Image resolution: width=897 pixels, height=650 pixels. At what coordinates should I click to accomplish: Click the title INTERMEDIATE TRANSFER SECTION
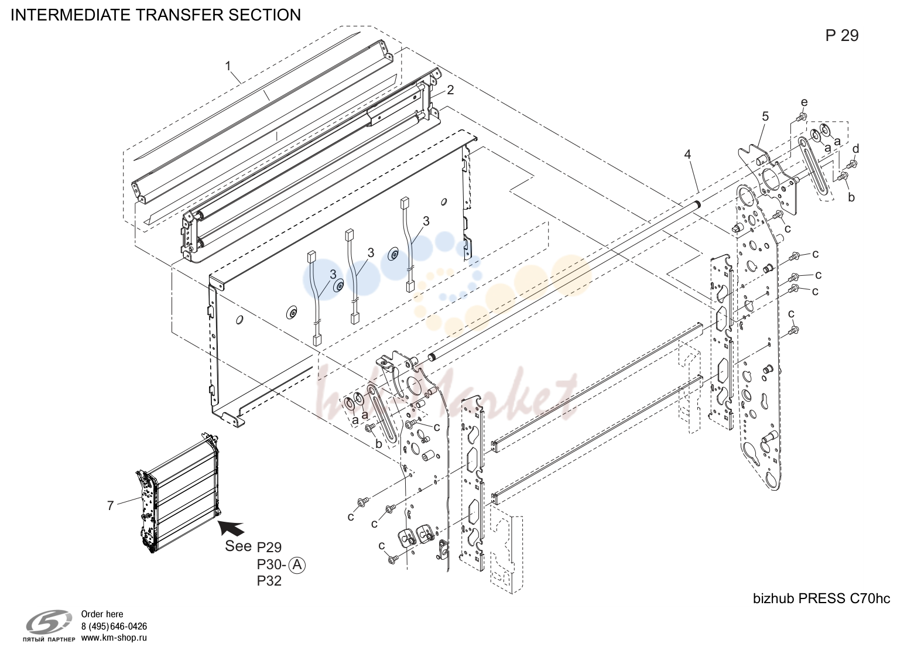point(155,15)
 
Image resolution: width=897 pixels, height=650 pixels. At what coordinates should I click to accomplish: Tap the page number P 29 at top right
point(842,36)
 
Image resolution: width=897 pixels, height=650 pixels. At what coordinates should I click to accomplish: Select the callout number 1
point(228,66)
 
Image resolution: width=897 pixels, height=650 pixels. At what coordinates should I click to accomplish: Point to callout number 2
point(450,90)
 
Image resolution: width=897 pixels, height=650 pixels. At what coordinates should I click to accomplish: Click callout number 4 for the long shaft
point(687,154)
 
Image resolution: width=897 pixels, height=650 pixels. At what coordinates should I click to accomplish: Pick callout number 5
point(765,117)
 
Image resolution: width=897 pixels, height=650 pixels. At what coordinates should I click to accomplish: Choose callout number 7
point(111,506)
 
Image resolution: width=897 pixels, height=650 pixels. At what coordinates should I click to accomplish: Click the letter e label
point(804,102)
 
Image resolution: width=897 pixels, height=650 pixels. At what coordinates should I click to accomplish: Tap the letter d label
point(855,149)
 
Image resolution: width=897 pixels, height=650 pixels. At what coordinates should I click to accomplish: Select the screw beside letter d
point(851,165)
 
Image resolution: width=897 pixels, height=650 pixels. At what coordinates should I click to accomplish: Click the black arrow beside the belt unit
point(231,528)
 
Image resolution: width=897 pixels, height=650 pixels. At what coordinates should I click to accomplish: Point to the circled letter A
point(297,565)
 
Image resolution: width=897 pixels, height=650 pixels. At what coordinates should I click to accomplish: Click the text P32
point(269,581)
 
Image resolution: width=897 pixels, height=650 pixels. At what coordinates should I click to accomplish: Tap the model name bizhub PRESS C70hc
point(821,598)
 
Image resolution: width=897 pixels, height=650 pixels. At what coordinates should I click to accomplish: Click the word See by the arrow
point(238,546)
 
